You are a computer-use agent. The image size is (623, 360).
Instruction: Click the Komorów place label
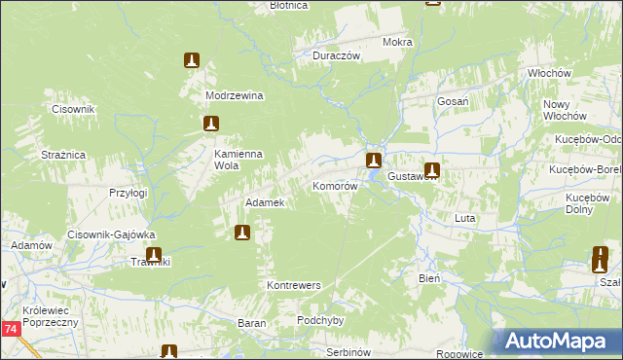click(335, 185)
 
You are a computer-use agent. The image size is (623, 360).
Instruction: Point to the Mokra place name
click(398, 43)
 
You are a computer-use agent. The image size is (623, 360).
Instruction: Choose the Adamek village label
click(265, 202)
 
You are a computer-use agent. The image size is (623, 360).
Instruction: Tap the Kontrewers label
click(293, 286)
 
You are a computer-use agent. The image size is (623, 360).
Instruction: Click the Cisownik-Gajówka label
click(112, 234)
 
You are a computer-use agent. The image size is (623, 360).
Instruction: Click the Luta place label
click(464, 219)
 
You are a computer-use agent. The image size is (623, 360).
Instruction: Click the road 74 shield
click(11, 331)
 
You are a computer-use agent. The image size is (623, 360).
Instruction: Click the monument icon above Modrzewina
click(192, 60)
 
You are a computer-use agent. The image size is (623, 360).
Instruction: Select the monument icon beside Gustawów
click(431, 170)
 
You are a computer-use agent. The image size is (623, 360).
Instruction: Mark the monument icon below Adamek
click(241, 233)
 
